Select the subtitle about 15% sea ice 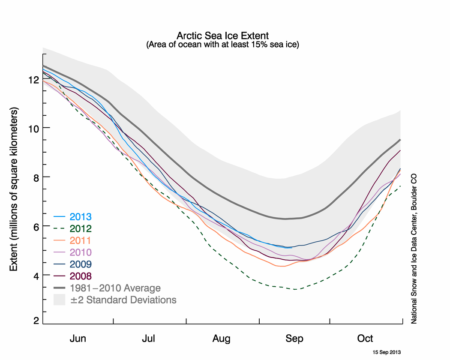click(222, 44)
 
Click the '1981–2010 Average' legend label click(115, 288)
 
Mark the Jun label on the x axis click(78, 339)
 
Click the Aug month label click(222, 339)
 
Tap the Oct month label click(365, 339)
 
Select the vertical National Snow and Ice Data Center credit click(414, 248)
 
